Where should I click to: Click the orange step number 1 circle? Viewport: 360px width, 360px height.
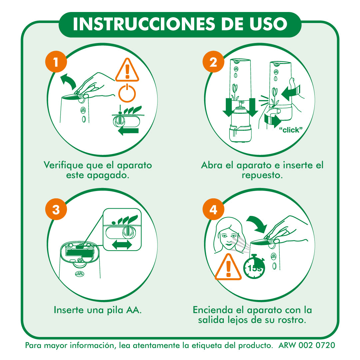(x=56, y=62)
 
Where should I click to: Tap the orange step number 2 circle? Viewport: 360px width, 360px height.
(x=213, y=62)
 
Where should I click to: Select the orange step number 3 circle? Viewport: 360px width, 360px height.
(x=56, y=209)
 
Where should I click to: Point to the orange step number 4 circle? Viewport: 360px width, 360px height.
(x=213, y=209)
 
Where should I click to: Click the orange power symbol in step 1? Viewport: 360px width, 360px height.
(x=127, y=93)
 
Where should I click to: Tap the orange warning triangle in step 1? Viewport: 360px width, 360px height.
(x=127, y=70)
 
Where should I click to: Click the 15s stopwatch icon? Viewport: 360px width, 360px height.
(x=254, y=266)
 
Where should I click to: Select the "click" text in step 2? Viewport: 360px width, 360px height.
(x=291, y=130)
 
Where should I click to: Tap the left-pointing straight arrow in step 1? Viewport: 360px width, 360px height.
(x=128, y=131)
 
